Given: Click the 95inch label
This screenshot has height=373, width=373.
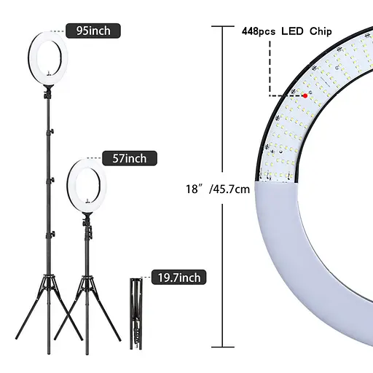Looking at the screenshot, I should tap(93, 31).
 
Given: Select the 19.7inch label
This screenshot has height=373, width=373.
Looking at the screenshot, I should tap(176, 277).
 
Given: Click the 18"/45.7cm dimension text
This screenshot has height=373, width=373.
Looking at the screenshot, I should tap(218, 188).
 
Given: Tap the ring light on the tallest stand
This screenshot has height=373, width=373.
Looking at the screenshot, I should tap(48, 55).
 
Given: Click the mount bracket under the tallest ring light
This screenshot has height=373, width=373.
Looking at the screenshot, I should tap(48, 93).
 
